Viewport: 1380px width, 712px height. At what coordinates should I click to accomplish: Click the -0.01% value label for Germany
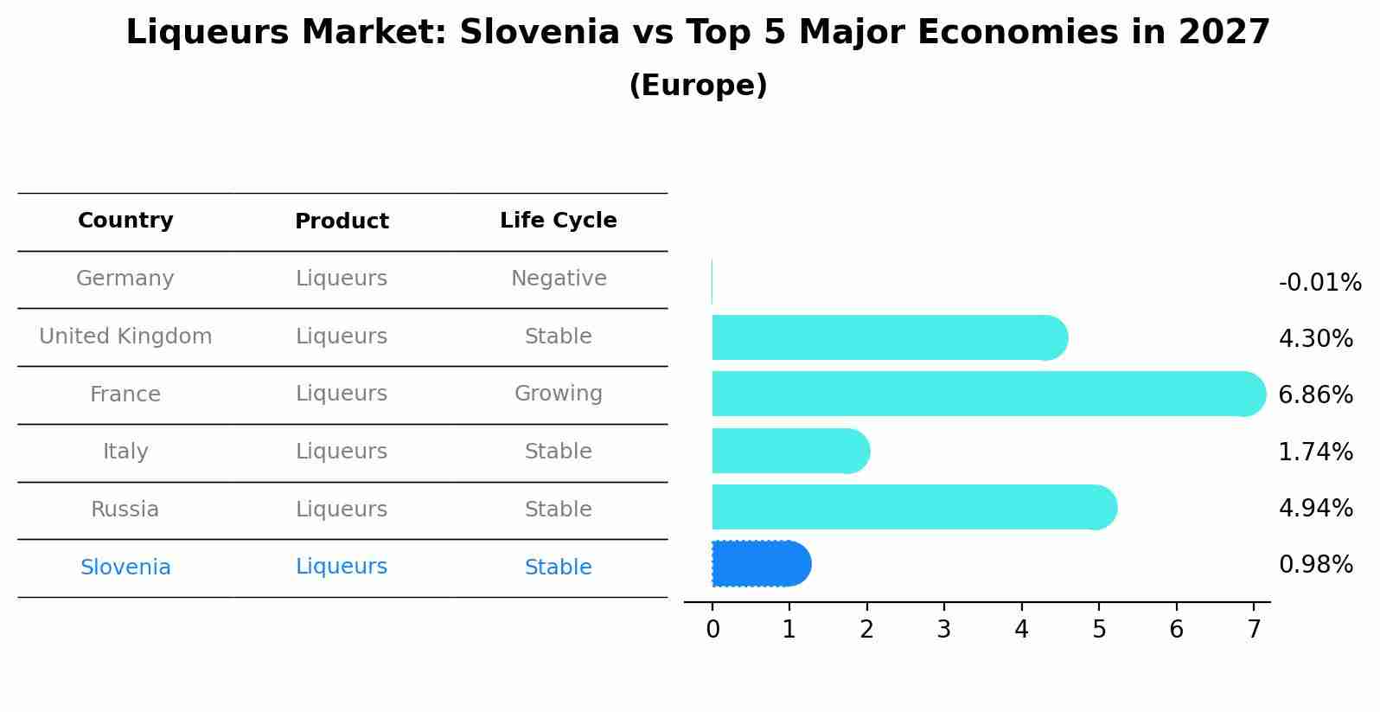[x=1319, y=283]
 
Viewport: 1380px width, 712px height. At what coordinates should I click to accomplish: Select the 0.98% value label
[x=1315, y=565]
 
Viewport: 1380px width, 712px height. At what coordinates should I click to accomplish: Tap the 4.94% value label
[x=1315, y=508]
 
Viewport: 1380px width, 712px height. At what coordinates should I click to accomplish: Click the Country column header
[x=125, y=221]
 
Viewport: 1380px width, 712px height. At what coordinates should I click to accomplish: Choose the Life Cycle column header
[x=558, y=221]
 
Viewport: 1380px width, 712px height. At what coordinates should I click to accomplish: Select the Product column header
[x=342, y=221]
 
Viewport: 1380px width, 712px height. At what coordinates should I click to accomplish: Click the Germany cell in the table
[x=125, y=279]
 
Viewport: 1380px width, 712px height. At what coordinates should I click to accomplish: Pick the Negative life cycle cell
[x=559, y=279]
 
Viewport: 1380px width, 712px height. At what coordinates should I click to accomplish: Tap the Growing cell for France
[x=559, y=394]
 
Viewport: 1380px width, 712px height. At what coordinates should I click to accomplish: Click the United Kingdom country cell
[x=125, y=337]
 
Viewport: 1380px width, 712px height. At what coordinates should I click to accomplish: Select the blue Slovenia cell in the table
[x=125, y=568]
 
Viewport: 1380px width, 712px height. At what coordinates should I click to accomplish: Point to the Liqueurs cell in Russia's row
[x=342, y=510]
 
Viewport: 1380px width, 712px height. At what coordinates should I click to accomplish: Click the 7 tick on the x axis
[x=1254, y=630]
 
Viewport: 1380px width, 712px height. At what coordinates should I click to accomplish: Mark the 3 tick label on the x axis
[x=943, y=630]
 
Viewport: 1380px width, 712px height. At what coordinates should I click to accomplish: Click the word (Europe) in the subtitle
[x=698, y=86]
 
